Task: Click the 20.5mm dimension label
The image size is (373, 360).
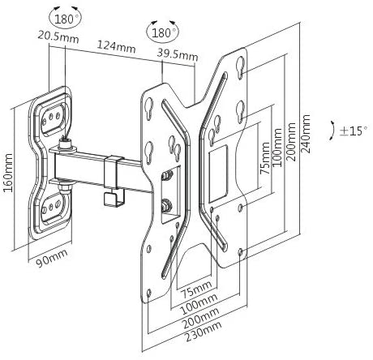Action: pos(58,37)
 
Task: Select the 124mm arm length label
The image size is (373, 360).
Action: pos(116,46)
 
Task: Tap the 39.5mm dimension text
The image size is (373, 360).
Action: pos(178,55)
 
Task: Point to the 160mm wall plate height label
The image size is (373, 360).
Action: pos(8,173)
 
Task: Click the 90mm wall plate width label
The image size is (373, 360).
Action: pos(52,258)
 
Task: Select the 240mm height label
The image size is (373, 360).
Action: pos(306,134)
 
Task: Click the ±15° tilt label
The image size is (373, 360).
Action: pos(354,131)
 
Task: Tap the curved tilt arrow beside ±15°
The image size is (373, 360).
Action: pos(332,131)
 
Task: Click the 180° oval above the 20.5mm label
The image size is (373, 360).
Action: pos(66,18)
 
